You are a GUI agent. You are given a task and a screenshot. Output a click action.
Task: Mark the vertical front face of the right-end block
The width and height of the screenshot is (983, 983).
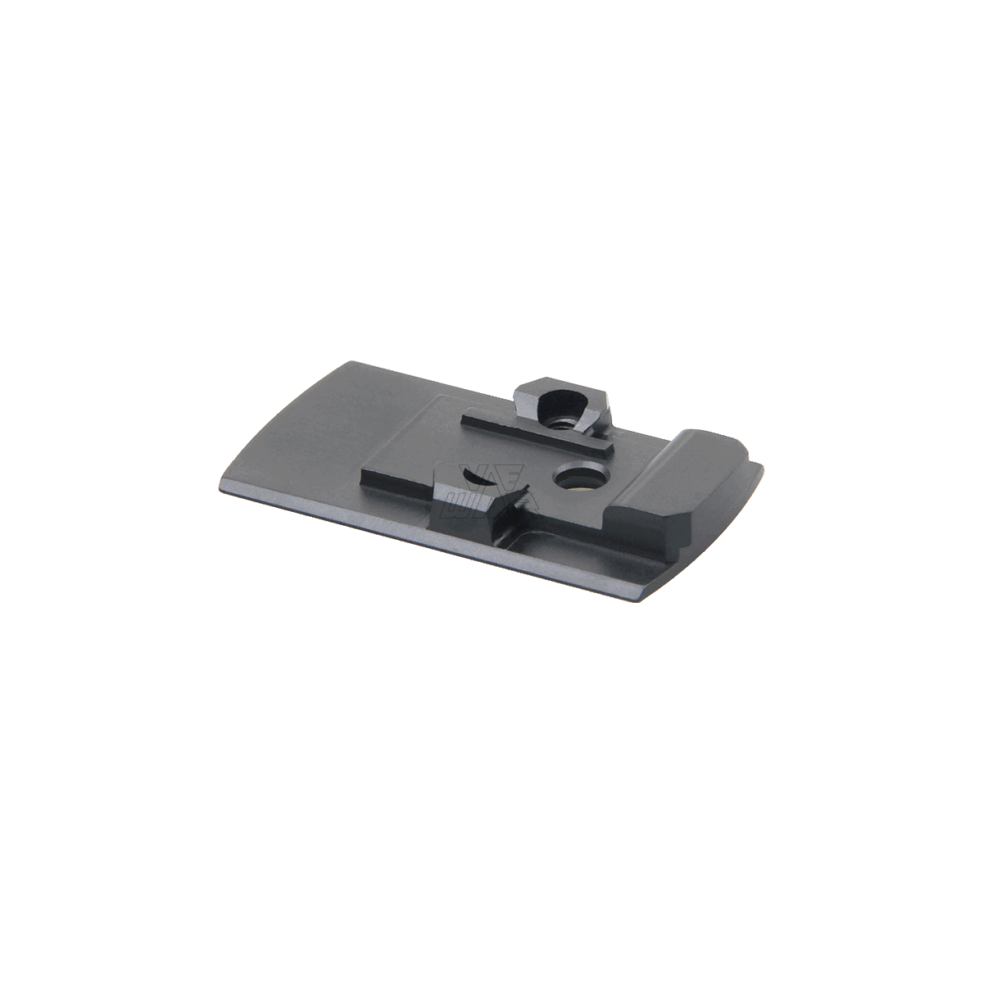coord(647,532)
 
